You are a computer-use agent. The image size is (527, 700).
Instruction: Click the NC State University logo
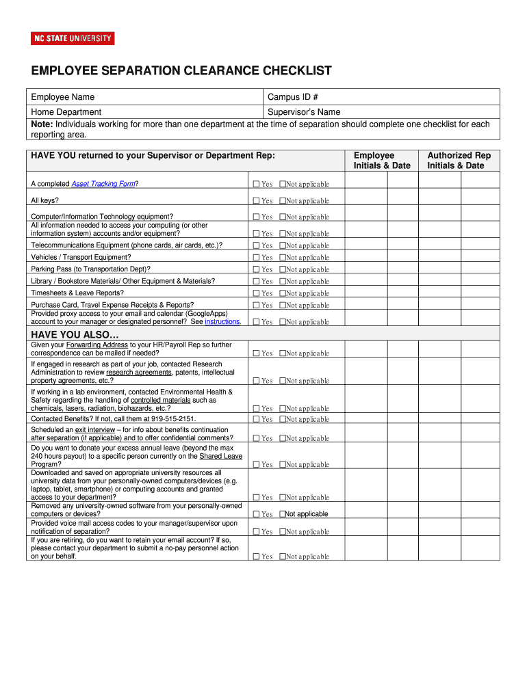pos(73,39)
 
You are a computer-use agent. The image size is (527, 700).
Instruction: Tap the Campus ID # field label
pos(293,97)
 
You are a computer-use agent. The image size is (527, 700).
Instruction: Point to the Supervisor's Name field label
pos(304,112)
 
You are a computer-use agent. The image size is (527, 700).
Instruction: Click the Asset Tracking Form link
pos(103,183)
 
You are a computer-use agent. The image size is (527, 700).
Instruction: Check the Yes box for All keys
pos(256,201)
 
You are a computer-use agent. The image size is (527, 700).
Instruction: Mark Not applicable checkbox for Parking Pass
pos(282,269)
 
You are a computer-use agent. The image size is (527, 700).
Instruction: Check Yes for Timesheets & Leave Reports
pos(256,293)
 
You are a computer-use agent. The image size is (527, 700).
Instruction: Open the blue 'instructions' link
pos(222,321)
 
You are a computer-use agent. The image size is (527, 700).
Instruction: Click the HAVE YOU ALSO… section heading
pos(75,334)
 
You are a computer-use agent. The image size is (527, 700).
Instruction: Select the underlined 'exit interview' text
pos(95,429)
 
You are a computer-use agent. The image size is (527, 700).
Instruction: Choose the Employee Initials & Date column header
pos(381,161)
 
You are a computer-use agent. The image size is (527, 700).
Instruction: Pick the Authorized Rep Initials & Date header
pos(459,161)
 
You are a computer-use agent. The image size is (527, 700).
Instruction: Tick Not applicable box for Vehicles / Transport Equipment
pos(282,258)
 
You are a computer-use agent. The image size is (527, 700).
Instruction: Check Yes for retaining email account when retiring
pos(256,556)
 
